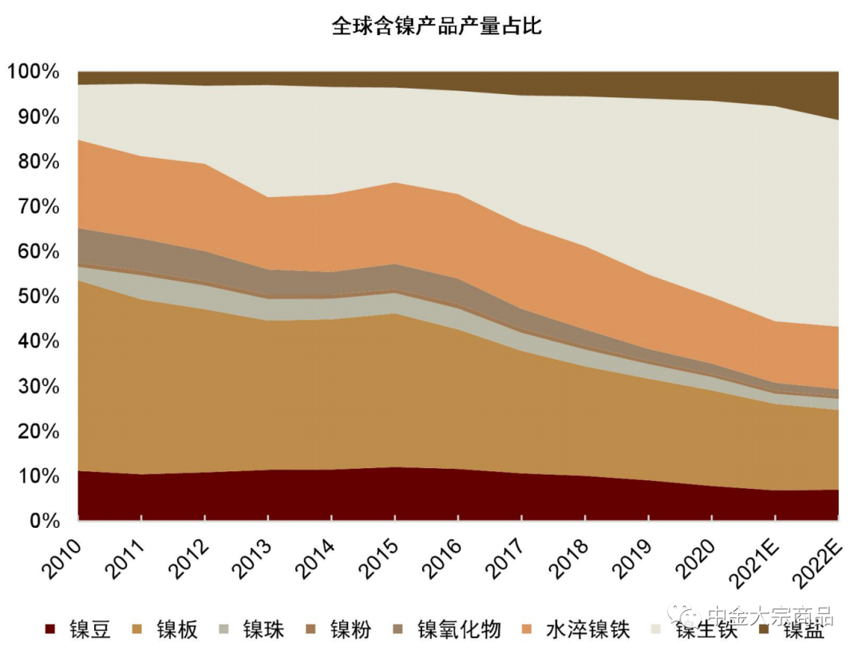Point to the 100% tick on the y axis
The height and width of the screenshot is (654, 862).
coord(34,73)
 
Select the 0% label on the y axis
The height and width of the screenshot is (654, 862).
coord(44,521)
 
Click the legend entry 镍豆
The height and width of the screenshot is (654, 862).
coord(89,630)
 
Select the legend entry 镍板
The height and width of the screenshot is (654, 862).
coord(176,630)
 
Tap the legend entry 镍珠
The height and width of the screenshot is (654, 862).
coord(264,630)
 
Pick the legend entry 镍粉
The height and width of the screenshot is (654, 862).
coord(351,630)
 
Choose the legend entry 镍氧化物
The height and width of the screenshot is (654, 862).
coord(459,630)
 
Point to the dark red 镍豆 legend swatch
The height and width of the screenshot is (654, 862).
coord(51,630)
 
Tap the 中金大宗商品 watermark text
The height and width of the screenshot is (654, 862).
coord(770,616)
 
